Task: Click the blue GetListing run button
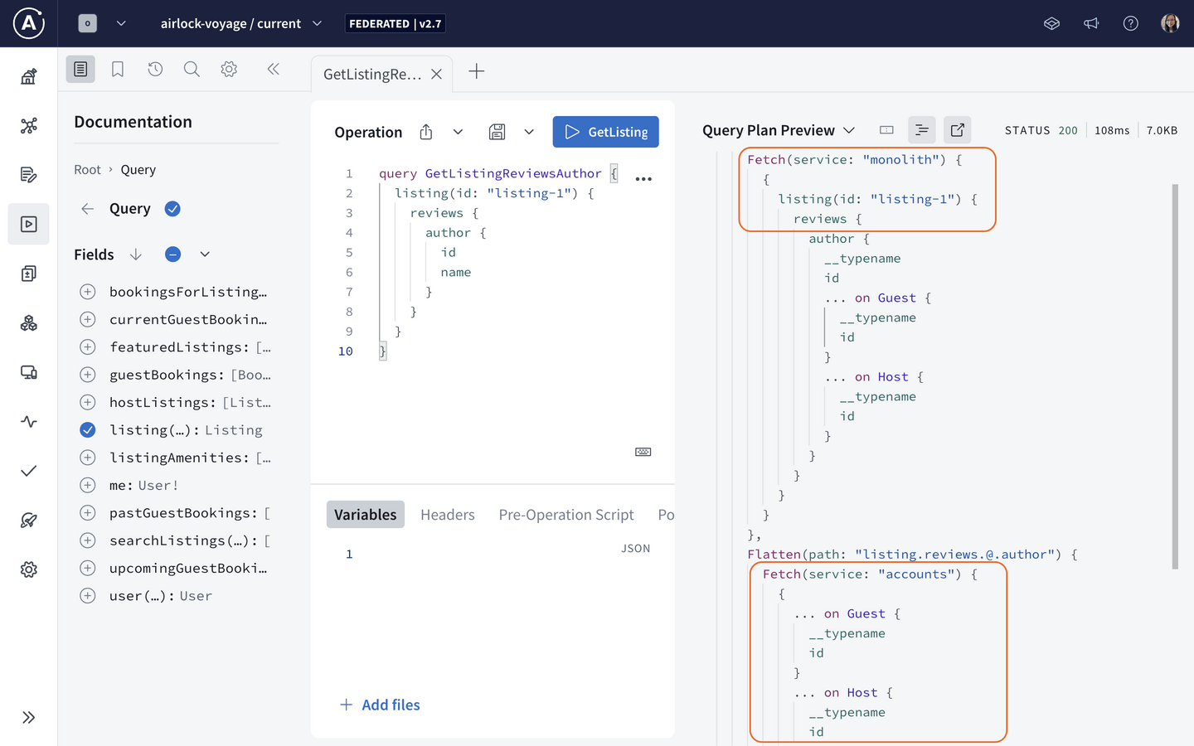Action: (605, 132)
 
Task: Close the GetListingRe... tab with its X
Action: (436, 74)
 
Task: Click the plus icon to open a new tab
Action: (477, 71)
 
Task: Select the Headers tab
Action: (447, 514)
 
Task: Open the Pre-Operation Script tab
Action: (566, 514)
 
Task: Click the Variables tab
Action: (365, 514)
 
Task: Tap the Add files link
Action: (380, 705)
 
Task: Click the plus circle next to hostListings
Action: (87, 402)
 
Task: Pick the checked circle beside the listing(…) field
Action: (87, 430)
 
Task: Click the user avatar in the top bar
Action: (1170, 23)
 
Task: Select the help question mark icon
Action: (1131, 23)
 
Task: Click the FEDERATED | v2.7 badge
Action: (395, 23)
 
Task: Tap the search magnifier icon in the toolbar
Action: (192, 70)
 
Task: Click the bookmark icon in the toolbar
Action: (118, 70)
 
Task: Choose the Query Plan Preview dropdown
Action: (779, 130)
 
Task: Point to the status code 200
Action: (1068, 131)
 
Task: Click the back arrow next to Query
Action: (87, 209)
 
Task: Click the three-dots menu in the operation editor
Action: (643, 179)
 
